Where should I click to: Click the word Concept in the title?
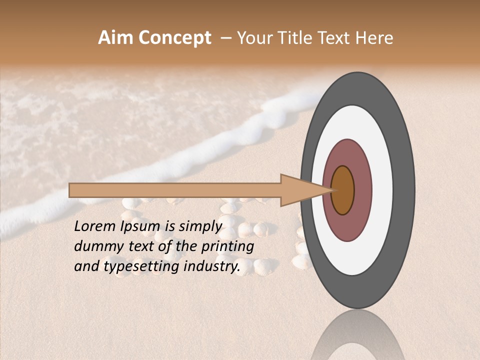[174, 38]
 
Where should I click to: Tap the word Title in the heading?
[292, 38]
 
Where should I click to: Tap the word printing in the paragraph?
[227, 246]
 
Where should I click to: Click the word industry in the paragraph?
[209, 266]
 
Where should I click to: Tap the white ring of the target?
[382, 190]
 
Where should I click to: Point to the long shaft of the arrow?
[175, 190]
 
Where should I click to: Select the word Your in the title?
[253, 38]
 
